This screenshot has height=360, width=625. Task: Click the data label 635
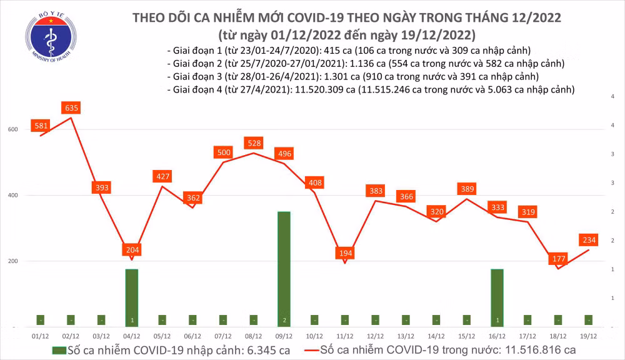click(x=71, y=108)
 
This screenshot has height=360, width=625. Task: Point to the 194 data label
click(x=344, y=253)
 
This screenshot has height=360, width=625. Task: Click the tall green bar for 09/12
click(x=284, y=269)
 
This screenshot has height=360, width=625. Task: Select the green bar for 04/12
click(x=131, y=297)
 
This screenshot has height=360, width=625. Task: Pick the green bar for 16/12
click(x=497, y=297)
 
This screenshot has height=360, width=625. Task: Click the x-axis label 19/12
click(x=589, y=337)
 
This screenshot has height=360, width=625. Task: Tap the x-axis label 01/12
click(x=40, y=337)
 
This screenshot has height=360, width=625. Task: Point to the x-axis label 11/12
click(x=344, y=337)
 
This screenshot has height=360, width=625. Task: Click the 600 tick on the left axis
click(x=13, y=129)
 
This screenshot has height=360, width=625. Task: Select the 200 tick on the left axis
click(x=13, y=261)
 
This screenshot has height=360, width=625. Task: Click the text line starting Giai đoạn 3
click(x=353, y=76)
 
